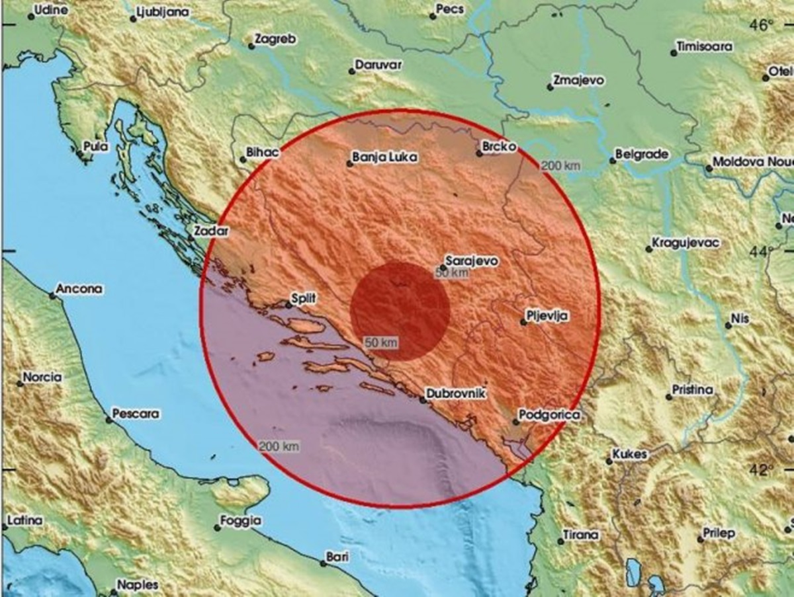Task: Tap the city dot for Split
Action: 288,305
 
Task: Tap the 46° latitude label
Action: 762,26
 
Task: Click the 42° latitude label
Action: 762,470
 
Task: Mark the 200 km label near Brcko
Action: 560,166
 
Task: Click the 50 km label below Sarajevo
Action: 452,272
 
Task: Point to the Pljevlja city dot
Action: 523,322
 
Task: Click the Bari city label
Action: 338,557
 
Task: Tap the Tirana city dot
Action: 560,541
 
